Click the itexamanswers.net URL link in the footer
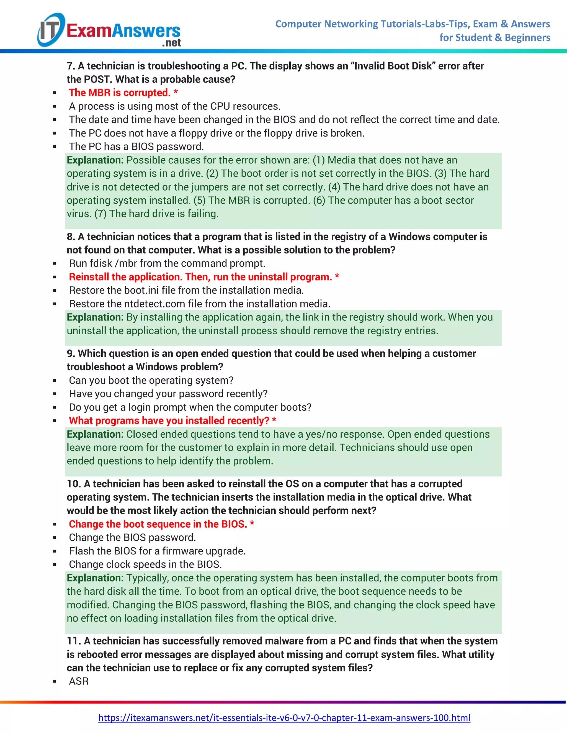(284, 718)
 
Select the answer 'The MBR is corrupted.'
(120, 93)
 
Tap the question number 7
(70, 66)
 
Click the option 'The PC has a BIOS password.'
(136, 147)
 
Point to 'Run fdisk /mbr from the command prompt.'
(167, 263)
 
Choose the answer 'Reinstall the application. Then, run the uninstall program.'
(200, 277)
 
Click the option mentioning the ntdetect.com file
(200, 304)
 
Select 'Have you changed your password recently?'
(168, 394)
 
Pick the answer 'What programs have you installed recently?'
(169, 420)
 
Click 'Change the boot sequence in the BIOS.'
(158, 524)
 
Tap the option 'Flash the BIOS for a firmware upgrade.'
(157, 551)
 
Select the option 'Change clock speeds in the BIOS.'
(145, 564)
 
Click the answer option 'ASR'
(79, 681)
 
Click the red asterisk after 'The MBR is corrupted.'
(176, 92)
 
